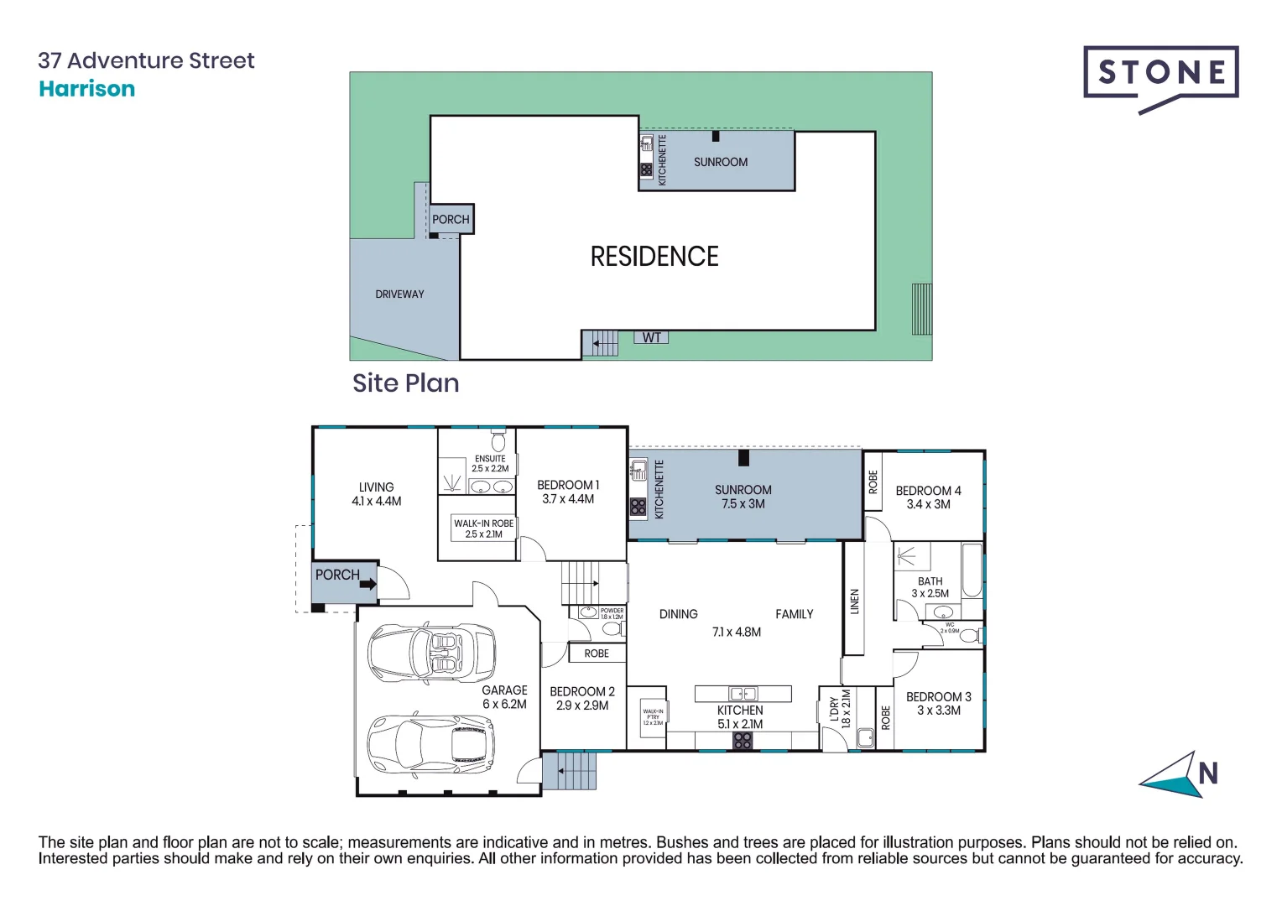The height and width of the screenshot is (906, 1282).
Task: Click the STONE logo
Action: (1160, 75)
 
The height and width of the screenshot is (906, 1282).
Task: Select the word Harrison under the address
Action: (86, 89)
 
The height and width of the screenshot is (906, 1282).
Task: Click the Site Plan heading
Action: (405, 383)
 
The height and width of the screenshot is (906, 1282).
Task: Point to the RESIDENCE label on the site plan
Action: (654, 257)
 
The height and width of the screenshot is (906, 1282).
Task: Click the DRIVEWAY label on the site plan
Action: (399, 294)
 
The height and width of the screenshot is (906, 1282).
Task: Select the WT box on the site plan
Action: (651, 338)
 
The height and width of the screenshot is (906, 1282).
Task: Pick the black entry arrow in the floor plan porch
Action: (368, 584)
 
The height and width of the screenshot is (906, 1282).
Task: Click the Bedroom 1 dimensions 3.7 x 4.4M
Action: (568, 499)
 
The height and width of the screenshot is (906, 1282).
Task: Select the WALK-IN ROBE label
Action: (483, 523)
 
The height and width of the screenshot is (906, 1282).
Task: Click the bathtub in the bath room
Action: (972, 570)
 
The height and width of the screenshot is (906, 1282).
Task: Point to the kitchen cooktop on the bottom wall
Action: (743, 741)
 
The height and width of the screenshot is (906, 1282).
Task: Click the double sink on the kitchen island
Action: (743, 694)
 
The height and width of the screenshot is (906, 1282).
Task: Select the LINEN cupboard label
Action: (854, 601)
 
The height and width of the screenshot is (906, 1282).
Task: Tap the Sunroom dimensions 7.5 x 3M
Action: (743, 504)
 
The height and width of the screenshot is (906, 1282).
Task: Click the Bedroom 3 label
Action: (938, 697)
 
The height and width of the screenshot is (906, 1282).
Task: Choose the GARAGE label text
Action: (504, 690)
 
